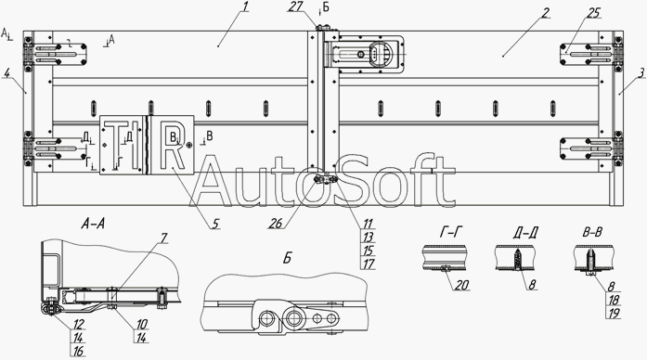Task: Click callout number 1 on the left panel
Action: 245,7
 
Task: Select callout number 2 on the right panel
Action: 546,13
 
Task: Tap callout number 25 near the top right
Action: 592,13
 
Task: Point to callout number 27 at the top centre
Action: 296,6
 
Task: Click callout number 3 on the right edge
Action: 641,73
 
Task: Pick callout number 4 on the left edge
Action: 6,73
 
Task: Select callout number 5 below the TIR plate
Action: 215,224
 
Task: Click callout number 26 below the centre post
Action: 275,224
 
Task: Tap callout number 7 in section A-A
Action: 163,238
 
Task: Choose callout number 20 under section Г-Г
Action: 461,285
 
